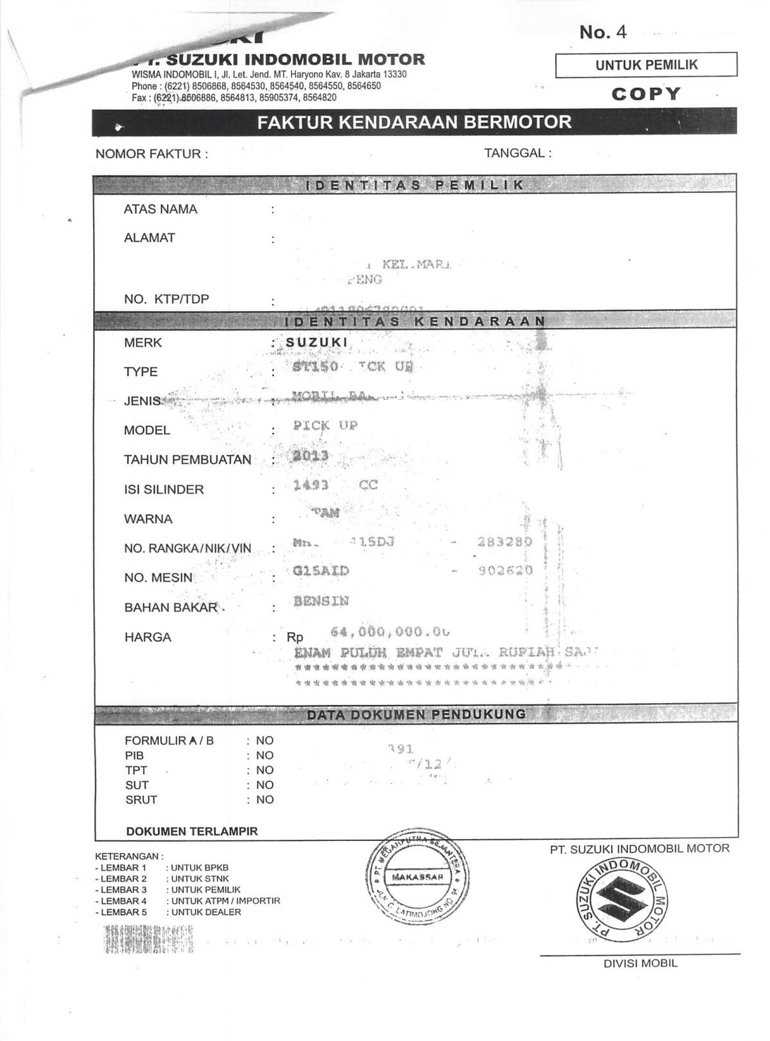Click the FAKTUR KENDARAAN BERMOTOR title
click(414, 122)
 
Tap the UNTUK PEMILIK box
click(646, 65)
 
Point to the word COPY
click(646, 94)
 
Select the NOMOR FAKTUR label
click(151, 154)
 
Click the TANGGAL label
click(517, 153)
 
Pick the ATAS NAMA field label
click(160, 209)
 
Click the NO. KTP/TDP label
click(166, 299)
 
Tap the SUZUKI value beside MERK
click(317, 343)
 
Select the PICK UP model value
click(325, 425)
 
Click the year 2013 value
click(311, 455)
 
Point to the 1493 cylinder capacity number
click(311, 485)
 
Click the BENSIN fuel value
click(321, 601)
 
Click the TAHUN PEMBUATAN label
click(187, 460)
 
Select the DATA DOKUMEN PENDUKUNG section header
click(416, 714)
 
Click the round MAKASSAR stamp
click(417, 877)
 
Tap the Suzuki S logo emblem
click(621, 897)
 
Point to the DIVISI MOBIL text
click(640, 963)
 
